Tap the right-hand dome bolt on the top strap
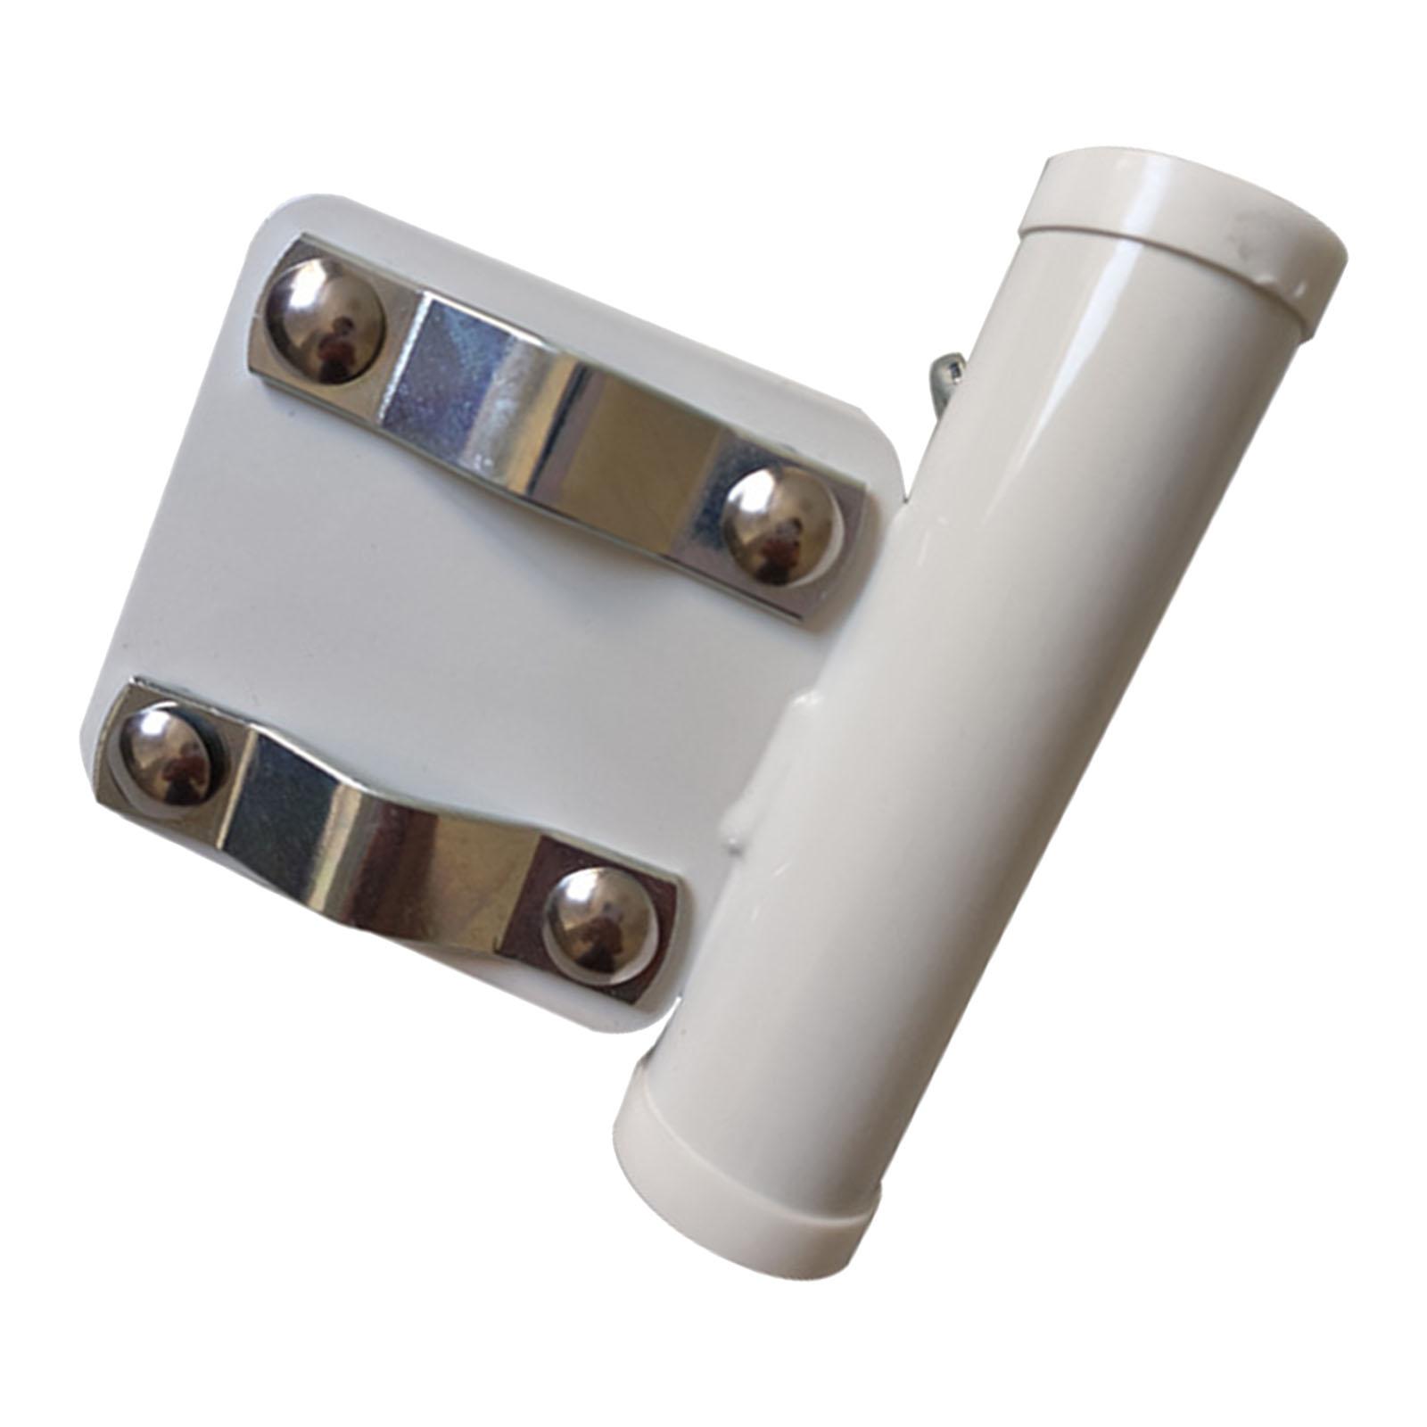(x=781, y=526)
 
